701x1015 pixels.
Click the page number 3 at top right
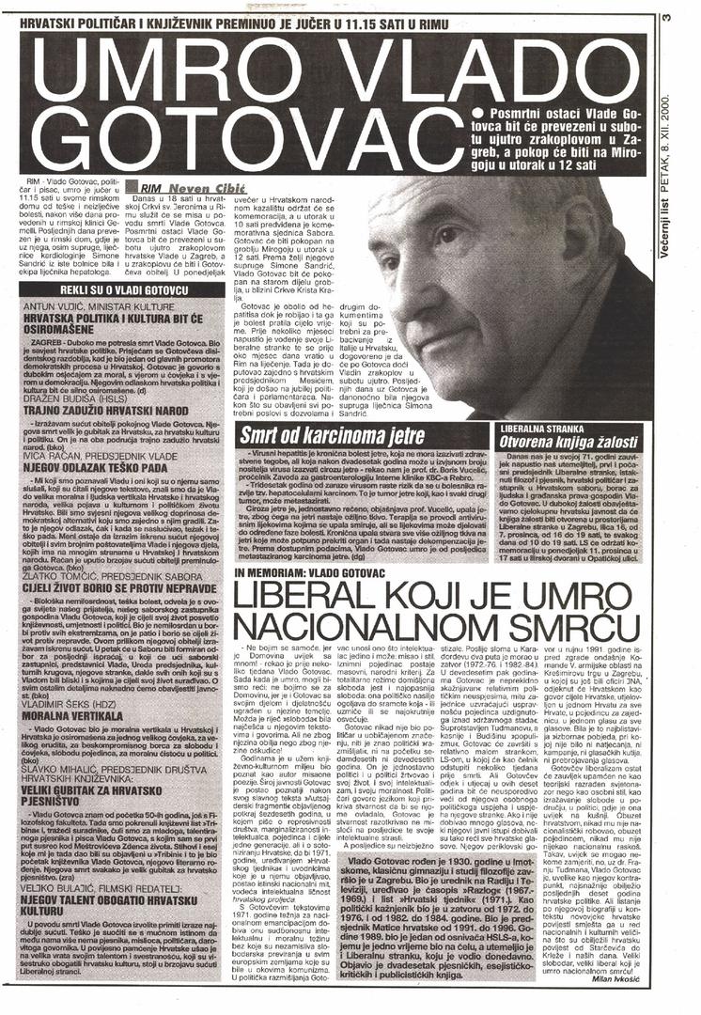pyautogui.click(x=665, y=16)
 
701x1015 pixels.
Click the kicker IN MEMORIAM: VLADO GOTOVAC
pyautogui.click(x=306, y=572)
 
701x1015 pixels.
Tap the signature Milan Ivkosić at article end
pyautogui.click(x=615, y=979)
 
